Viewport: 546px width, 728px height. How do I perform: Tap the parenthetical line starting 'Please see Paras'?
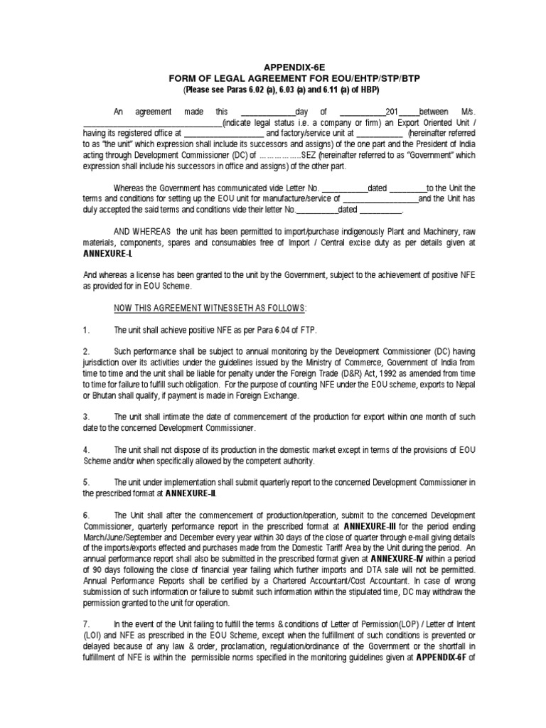[272, 90]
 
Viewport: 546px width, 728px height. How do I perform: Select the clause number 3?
[86, 415]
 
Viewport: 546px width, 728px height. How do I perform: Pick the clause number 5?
[86, 481]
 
